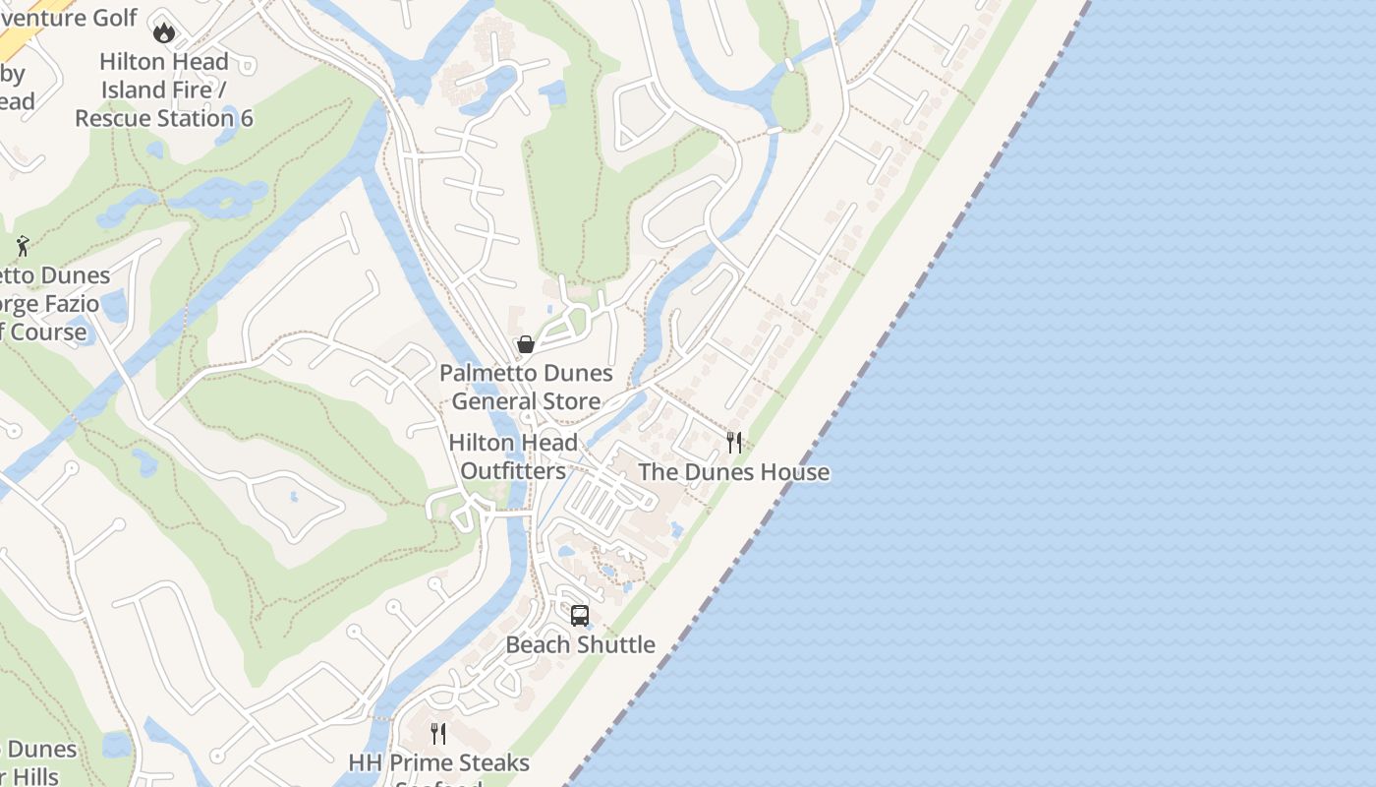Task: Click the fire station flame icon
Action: [164, 31]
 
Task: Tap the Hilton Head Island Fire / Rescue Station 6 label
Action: [164, 90]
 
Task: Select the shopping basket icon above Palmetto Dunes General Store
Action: [526, 344]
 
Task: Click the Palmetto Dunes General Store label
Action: [526, 387]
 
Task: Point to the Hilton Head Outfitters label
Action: [513, 456]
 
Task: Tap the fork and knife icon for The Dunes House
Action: [734, 443]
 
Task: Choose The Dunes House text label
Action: [734, 472]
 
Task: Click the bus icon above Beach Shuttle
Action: [580, 616]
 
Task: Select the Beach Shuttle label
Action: [580, 644]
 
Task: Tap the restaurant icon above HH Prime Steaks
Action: [438, 734]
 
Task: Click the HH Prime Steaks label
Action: [438, 763]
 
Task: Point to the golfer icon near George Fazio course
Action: [24, 246]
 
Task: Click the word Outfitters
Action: [513, 471]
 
